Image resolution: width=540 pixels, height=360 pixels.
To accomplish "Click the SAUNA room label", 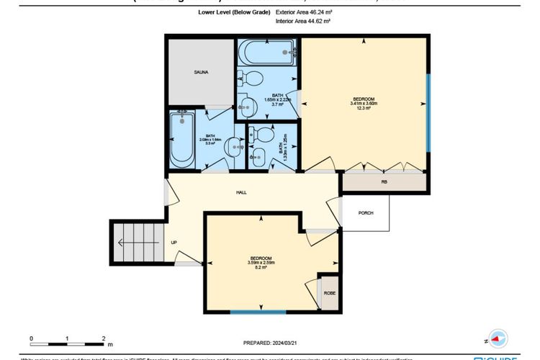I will pos(201,73).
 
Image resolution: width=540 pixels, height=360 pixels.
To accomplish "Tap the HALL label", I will pos(243,193).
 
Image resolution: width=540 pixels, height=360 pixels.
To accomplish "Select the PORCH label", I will pos(365,212).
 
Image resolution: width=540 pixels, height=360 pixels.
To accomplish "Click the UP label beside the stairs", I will pos(174,243).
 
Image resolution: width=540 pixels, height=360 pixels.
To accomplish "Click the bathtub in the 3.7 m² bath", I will pos(267,53).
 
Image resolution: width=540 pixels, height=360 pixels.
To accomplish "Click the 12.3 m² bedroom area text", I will pos(363,109).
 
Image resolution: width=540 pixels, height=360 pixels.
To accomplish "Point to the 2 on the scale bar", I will pos(104,338).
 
